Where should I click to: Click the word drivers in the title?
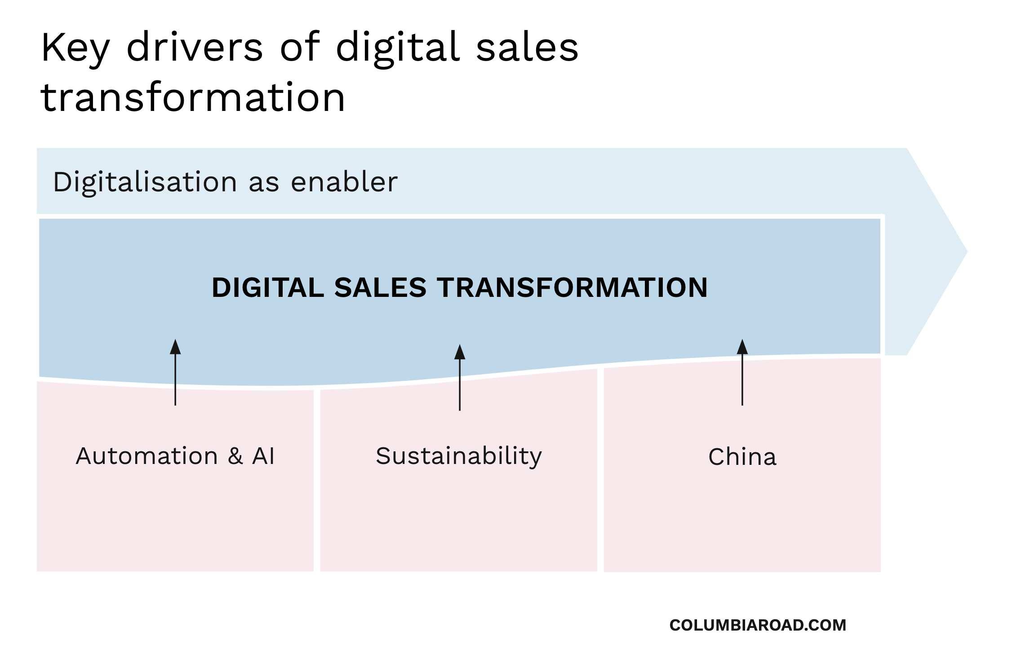pyautogui.click(x=194, y=47)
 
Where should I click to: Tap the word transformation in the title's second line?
pyautogui.click(x=193, y=98)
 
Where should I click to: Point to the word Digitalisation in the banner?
pyautogui.click(x=145, y=182)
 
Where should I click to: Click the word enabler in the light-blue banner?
pyautogui.click(x=344, y=182)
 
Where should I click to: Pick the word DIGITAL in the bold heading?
pyautogui.click(x=268, y=287)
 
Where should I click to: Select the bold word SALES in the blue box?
pyautogui.click(x=380, y=287)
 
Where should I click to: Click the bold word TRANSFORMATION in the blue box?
pyautogui.click(x=573, y=287)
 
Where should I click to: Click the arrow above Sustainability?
pyautogui.click(x=459, y=377)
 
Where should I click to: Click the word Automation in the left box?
pyautogui.click(x=147, y=456)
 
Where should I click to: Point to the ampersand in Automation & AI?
pyautogui.click(x=235, y=456)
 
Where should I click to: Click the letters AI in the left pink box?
pyautogui.click(x=263, y=456)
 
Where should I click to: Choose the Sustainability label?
pyautogui.click(x=459, y=456)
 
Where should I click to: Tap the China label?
pyautogui.click(x=742, y=457)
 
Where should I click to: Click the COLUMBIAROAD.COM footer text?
pyautogui.click(x=758, y=625)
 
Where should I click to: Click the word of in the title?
pyautogui.click(x=300, y=47)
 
